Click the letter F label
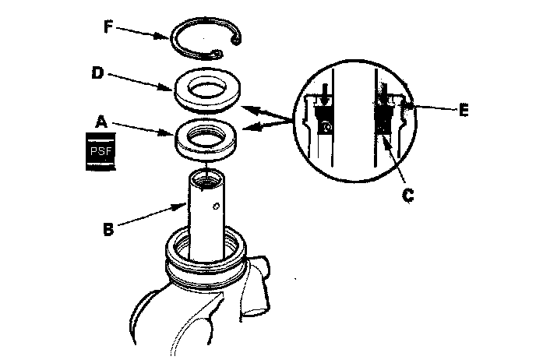pos(111,26)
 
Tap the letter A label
pos(100,122)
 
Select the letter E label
pos(463,111)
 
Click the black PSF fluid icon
pos(100,151)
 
